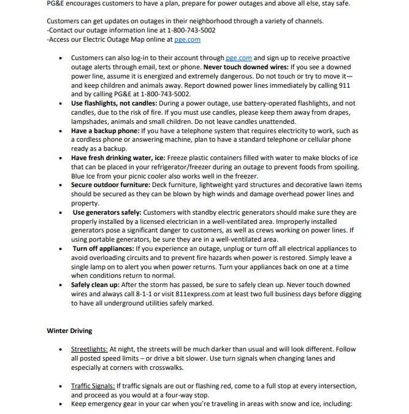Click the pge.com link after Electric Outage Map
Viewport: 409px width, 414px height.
[x=187, y=39]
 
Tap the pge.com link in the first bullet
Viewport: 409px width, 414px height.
[x=239, y=58]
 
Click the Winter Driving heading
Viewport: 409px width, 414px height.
[x=69, y=331]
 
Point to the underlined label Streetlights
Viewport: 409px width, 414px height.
[x=89, y=349]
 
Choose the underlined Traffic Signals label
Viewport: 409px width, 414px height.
[x=93, y=386]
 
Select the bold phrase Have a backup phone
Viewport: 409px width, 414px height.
[x=105, y=131]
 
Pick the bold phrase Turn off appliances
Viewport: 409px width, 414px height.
[x=103, y=248]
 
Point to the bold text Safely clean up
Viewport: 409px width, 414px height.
[x=95, y=285]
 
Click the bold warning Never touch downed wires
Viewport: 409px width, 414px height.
[x=245, y=67]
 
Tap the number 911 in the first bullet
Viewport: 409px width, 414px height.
[x=344, y=85]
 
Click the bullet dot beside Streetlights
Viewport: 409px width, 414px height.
[x=59, y=350]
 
